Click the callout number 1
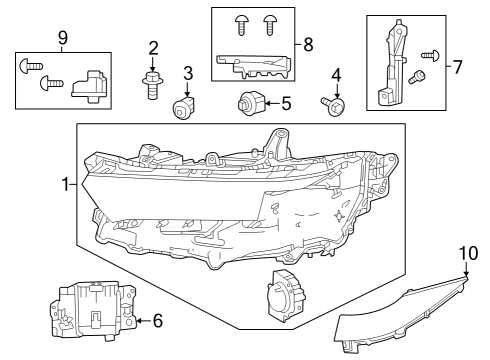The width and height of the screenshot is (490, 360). pyautogui.click(x=66, y=185)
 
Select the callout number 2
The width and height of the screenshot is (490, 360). pyautogui.click(x=153, y=48)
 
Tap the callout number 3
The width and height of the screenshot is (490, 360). pyautogui.click(x=187, y=73)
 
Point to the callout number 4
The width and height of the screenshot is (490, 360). pyautogui.click(x=336, y=75)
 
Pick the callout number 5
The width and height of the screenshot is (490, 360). pyautogui.click(x=285, y=102)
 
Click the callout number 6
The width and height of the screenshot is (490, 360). pyautogui.click(x=157, y=321)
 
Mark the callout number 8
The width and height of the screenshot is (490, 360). pyautogui.click(x=307, y=44)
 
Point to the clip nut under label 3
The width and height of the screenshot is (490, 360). pyautogui.click(x=183, y=107)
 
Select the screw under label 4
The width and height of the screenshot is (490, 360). pyautogui.click(x=332, y=104)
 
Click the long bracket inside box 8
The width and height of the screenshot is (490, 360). pyautogui.click(x=254, y=66)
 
